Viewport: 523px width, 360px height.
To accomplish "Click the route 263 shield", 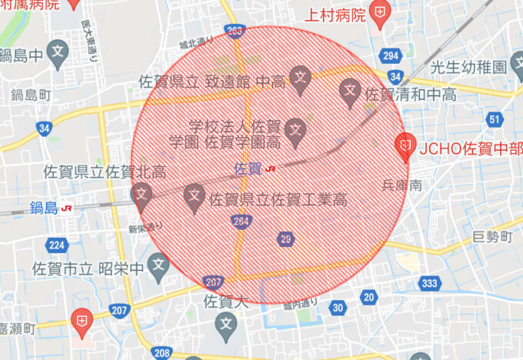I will tap(235, 30).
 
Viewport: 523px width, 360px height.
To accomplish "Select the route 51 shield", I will tap(495, 118).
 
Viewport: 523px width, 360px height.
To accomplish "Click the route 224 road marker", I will tap(56, 245).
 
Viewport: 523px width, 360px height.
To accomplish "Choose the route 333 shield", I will tap(429, 284).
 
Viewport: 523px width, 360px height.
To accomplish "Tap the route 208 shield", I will tap(162, 352).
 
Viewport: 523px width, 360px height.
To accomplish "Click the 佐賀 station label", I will tap(246, 167).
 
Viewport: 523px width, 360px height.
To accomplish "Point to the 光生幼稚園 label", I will tap(471, 67).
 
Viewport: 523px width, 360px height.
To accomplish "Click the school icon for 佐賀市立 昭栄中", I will tap(158, 267).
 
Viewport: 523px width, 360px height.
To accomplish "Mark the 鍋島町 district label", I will tap(31, 95).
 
